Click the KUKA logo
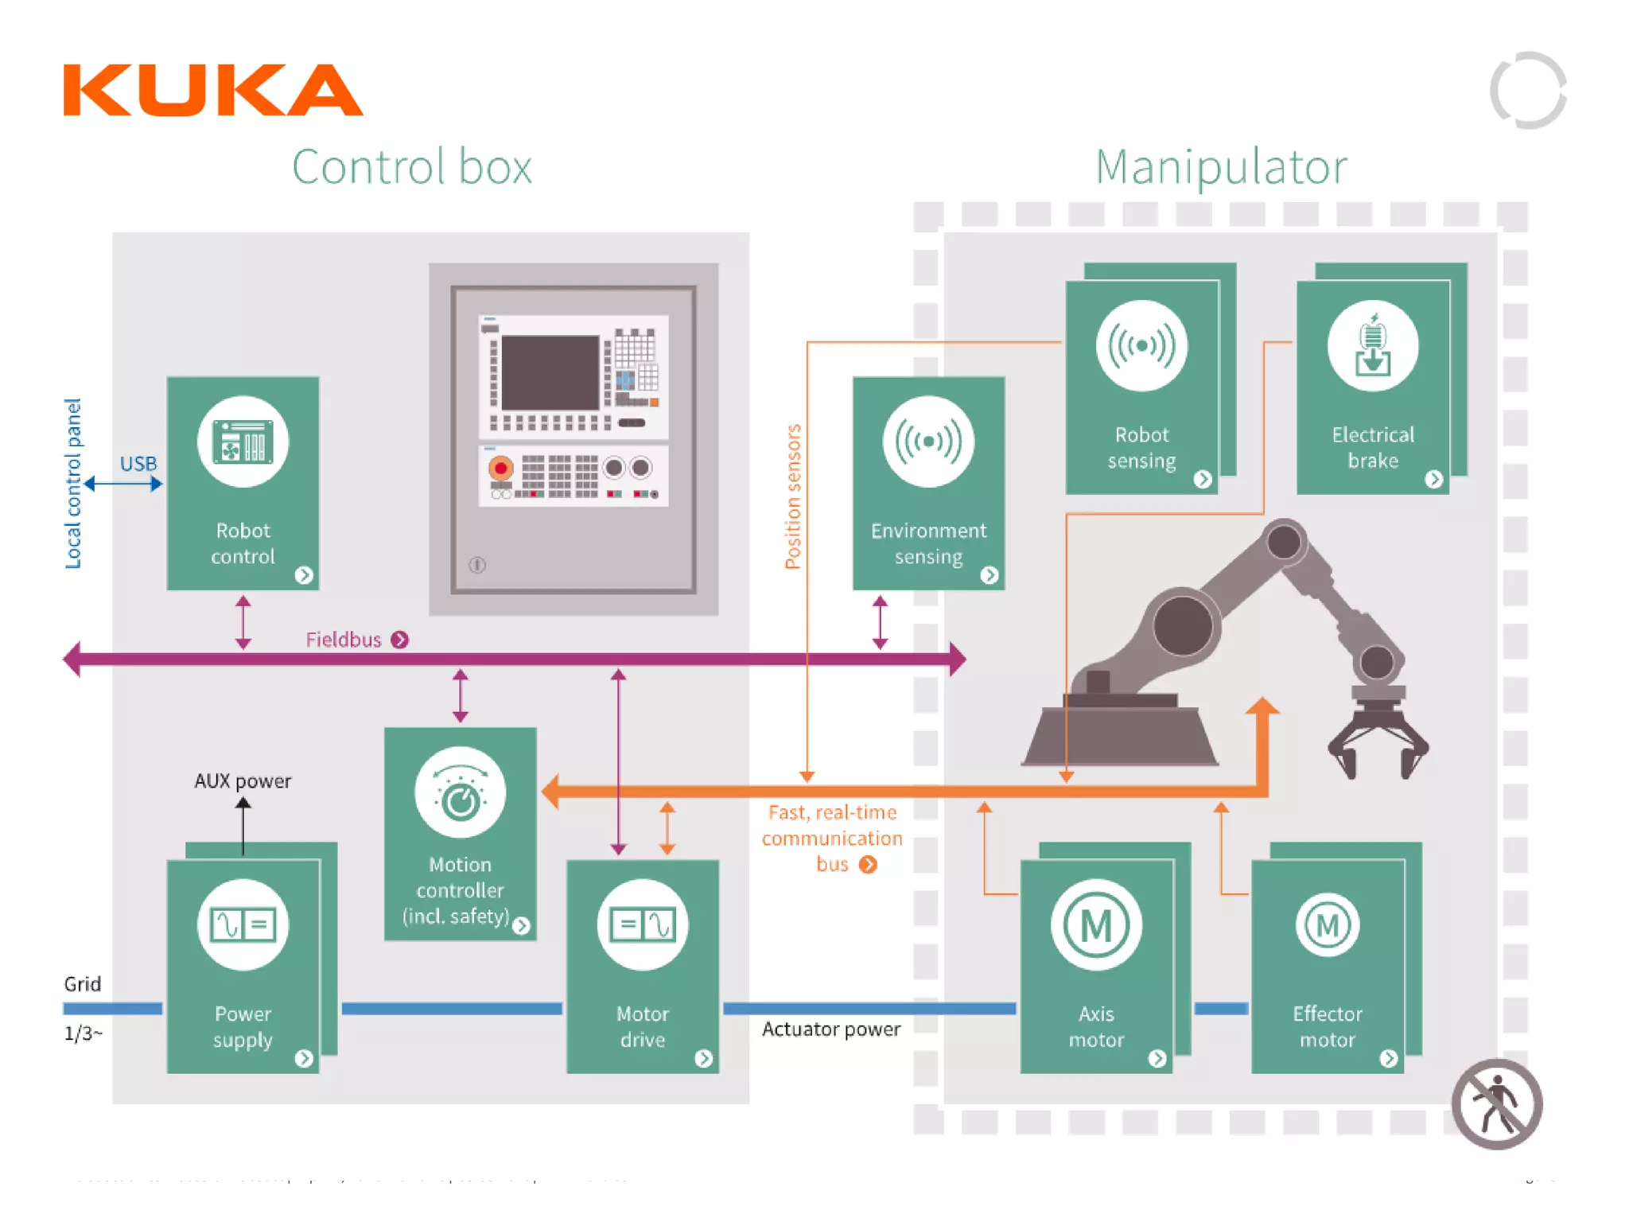(x=212, y=90)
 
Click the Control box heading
(x=411, y=167)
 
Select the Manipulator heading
(x=1220, y=167)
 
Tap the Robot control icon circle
(x=243, y=442)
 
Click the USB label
(x=138, y=464)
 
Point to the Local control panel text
(x=73, y=483)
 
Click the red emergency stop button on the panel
(x=500, y=468)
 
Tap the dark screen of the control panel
(x=550, y=372)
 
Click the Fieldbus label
(x=344, y=640)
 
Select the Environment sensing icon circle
(x=927, y=442)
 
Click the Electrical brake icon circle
(x=1372, y=346)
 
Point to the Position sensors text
(x=792, y=496)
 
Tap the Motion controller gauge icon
(x=460, y=792)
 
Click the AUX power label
(x=243, y=780)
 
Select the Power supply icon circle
(x=243, y=924)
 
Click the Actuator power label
(x=830, y=1029)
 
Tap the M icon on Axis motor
(x=1095, y=924)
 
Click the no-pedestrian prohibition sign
(x=1496, y=1104)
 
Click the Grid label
(x=82, y=984)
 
